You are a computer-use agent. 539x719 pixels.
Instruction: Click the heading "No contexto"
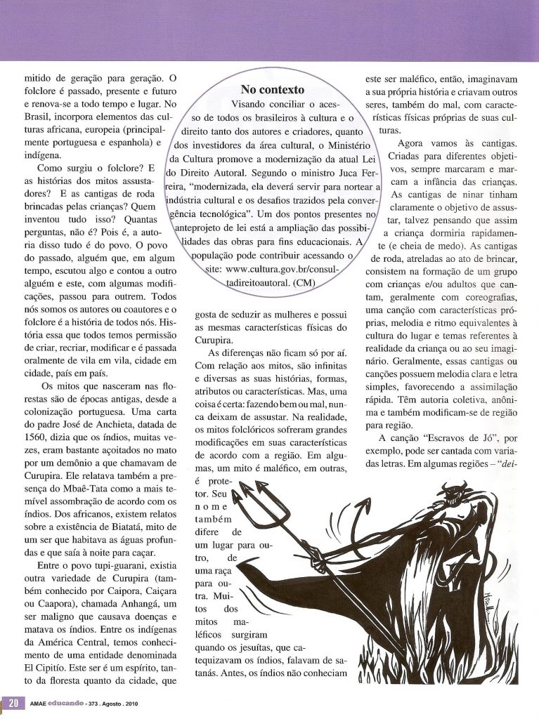[x=273, y=90]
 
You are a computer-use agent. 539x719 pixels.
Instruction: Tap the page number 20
[x=13, y=703]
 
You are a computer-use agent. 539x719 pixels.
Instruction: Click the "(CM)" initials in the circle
[x=303, y=282]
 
